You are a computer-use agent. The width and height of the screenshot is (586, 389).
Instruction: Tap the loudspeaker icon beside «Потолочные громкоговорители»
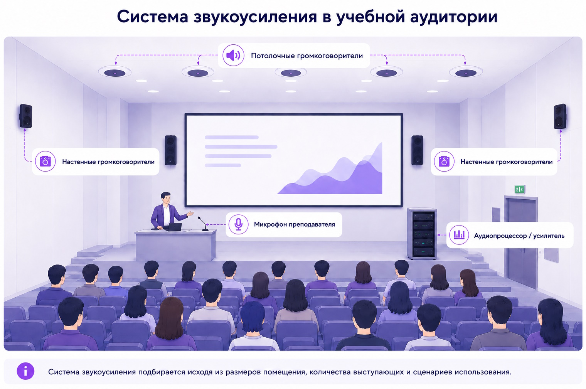(233, 56)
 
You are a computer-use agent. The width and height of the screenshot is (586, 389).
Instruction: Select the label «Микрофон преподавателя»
(294, 224)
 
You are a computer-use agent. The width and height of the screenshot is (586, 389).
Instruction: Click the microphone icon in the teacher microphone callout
(238, 224)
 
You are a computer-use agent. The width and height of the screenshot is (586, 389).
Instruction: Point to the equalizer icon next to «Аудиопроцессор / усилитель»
(459, 235)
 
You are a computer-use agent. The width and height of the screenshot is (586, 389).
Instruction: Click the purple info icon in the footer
(25, 371)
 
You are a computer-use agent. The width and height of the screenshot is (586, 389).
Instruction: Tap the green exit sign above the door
(519, 189)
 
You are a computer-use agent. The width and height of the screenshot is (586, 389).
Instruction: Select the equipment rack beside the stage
(422, 233)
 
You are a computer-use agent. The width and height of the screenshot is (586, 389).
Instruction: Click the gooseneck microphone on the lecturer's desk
(203, 224)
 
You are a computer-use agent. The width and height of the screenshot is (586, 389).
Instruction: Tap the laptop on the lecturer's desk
(173, 227)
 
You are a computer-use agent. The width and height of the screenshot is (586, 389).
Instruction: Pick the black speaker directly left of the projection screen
(170, 150)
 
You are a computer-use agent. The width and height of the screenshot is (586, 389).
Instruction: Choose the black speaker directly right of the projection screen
(417, 150)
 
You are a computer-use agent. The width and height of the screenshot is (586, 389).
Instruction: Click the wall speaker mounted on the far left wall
(26, 116)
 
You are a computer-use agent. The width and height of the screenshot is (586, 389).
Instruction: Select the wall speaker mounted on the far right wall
(560, 116)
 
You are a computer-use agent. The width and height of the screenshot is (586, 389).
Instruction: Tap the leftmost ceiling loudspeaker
(115, 72)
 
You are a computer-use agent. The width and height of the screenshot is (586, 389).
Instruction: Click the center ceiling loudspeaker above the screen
(291, 72)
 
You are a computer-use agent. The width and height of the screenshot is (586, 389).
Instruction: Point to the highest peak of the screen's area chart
(382, 143)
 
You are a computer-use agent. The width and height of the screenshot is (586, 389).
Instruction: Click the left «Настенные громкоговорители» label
(108, 162)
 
